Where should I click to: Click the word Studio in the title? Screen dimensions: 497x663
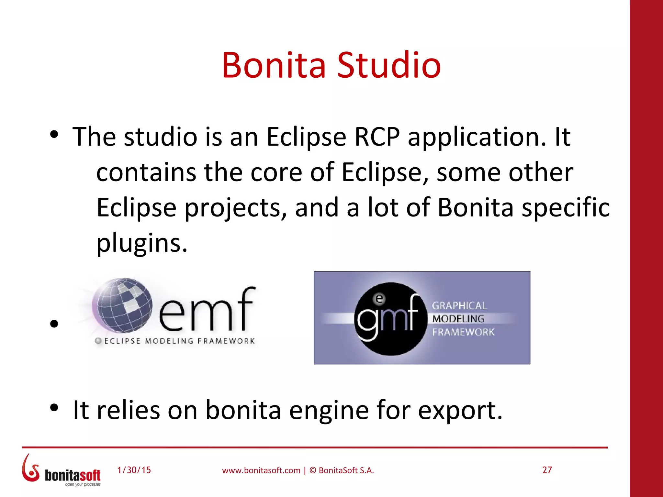tap(389, 65)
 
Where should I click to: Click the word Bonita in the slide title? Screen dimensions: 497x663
tap(274, 65)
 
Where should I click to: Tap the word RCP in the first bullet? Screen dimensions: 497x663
tap(377, 137)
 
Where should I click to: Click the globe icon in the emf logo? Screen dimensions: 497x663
tap(122, 305)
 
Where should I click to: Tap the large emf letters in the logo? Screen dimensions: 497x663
tap(207, 309)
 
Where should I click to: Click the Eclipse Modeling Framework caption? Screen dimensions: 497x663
tap(179, 341)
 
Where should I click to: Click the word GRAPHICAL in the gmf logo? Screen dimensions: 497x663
tap(459, 306)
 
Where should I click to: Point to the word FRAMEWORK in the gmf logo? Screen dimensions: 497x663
tap(463, 332)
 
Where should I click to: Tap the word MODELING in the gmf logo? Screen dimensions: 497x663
tap(458, 319)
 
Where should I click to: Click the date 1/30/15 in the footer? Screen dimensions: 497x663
tap(134, 470)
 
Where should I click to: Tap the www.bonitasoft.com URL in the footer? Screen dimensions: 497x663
tap(261, 470)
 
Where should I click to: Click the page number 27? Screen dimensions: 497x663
tap(547, 470)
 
